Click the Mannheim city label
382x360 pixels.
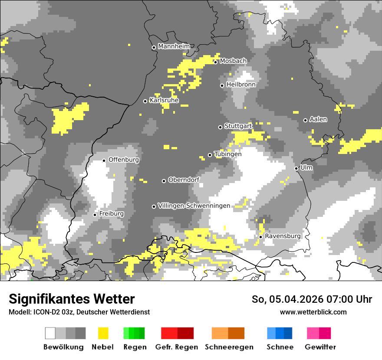pos(174,46)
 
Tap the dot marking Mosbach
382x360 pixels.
pos(215,62)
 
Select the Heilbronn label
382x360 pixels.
pos(241,85)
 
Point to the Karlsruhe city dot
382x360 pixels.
pos(145,101)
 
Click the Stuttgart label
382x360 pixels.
pos(238,126)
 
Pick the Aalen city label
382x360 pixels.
pos(318,119)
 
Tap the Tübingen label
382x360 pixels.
pos(228,154)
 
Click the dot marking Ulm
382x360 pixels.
pos(296,168)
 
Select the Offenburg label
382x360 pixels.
pos(124,160)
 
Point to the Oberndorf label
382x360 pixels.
pos(184,180)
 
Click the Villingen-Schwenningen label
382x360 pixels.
pos(194,206)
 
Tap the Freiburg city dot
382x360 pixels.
pos(95,215)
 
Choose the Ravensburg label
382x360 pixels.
pos(283,236)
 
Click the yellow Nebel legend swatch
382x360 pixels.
pos(103,333)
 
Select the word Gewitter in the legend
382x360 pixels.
pos(320,347)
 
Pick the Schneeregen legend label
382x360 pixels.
pos(229,347)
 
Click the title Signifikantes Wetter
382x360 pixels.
pos(72,299)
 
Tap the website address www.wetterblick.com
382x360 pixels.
pos(313,312)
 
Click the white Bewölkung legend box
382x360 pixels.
pos(50,333)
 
